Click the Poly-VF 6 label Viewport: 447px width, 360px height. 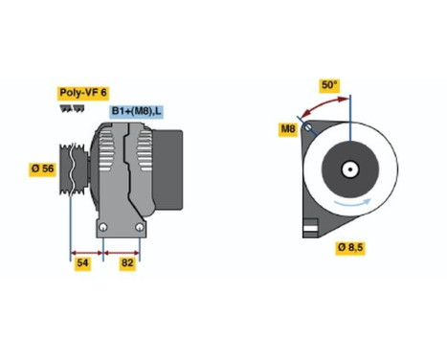(82, 92)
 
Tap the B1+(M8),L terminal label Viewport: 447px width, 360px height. (135, 112)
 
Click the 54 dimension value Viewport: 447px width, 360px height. (82, 260)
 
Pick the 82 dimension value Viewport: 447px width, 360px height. (127, 260)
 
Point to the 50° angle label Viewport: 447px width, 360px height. (328, 85)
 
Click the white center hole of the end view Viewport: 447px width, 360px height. (350, 172)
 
